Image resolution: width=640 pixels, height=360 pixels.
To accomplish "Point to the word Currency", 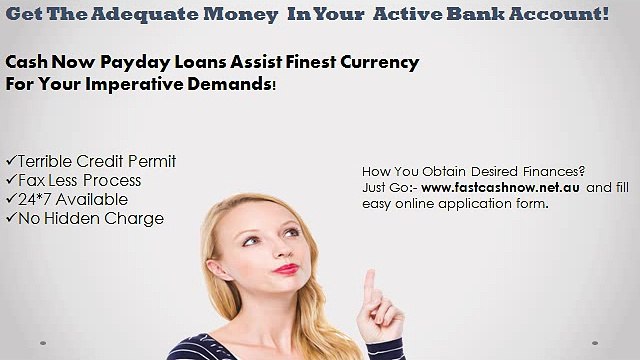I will [375, 63].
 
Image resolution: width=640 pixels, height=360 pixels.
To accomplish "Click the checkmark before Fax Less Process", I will [11, 181].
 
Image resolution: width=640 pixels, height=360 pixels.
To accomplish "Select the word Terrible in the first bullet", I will [52, 162].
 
